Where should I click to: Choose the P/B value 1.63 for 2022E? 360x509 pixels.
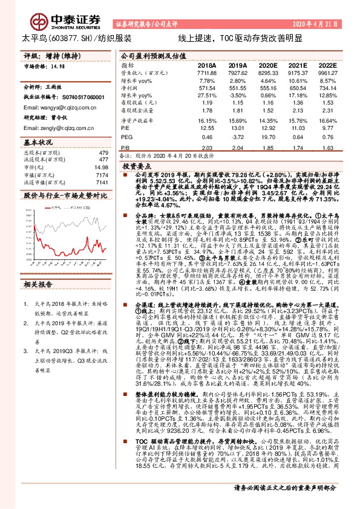click(x=327, y=148)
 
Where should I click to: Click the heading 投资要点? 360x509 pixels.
click(x=137, y=164)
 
